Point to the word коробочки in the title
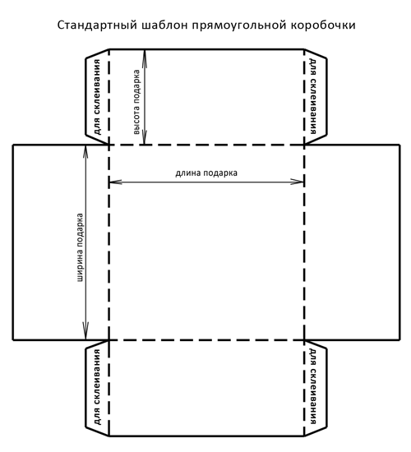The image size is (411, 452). tap(323, 26)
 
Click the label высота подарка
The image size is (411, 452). tap(136, 102)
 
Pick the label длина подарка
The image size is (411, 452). tap(206, 173)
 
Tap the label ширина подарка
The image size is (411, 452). tap(80, 247)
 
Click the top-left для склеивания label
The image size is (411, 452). tap(98, 97)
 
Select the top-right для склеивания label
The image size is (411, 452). tap(312, 96)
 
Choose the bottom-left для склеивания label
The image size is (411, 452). tap(98, 387)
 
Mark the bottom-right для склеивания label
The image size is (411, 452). tap(312, 386)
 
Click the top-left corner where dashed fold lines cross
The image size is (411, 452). tap(109, 145)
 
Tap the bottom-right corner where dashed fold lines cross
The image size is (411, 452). tap(304, 340)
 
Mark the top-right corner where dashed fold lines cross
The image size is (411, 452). tap(304, 145)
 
